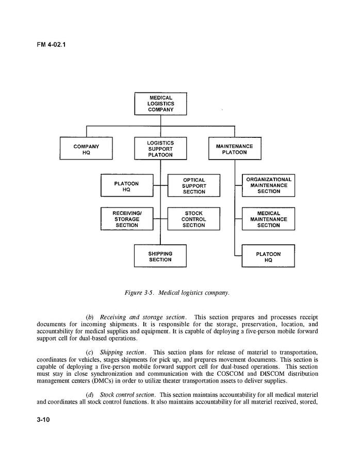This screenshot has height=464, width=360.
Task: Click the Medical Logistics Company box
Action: pos(160,104)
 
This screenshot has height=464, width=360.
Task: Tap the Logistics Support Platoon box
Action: pos(160,149)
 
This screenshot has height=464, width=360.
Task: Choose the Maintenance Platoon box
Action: pos(235,149)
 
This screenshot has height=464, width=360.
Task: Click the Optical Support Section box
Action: pos(194,186)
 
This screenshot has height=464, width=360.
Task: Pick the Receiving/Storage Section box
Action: pos(127,219)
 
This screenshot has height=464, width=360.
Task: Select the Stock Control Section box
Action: pos(194,219)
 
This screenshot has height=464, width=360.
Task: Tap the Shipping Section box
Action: pos(160,257)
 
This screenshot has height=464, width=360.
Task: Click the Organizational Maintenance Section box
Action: pos(269,185)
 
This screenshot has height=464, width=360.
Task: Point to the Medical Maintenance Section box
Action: pos(269,219)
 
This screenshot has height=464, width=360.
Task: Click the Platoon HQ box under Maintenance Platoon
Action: pos(268,257)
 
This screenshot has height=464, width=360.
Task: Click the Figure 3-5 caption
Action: pos(177,293)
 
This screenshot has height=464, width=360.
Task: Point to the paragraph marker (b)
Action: pos(90,317)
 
